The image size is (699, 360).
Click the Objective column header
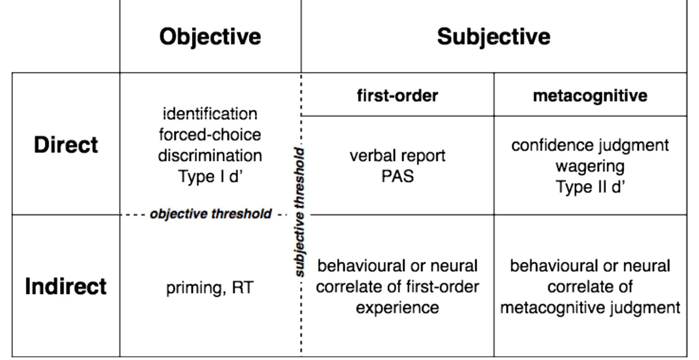pyautogui.click(x=210, y=36)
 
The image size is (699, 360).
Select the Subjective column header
pyautogui.click(x=493, y=36)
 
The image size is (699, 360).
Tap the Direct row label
pyautogui.click(x=65, y=145)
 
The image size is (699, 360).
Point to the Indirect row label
pyautogui.click(x=65, y=286)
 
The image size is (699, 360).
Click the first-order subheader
pyautogui.click(x=397, y=95)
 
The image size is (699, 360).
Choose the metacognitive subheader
pyautogui.click(x=590, y=95)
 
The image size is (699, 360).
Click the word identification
pyautogui.click(x=210, y=114)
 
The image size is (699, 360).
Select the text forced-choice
pyautogui.click(x=210, y=134)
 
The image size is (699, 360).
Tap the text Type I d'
pyautogui.click(x=210, y=176)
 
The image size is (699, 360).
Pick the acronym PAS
pyautogui.click(x=397, y=176)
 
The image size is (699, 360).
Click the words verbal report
pyautogui.click(x=397, y=156)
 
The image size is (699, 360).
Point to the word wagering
pyautogui.click(x=590, y=166)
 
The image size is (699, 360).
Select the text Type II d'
pyautogui.click(x=590, y=187)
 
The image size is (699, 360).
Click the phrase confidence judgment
pyautogui.click(x=590, y=145)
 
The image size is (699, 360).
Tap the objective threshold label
pyautogui.click(x=210, y=214)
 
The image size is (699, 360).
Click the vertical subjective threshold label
pyautogui.click(x=300, y=212)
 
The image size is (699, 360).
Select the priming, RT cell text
pyautogui.click(x=210, y=287)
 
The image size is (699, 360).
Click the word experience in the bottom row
pyautogui.click(x=397, y=308)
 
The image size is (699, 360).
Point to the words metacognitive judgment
pyautogui.click(x=590, y=308)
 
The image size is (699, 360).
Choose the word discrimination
pyautogui.click(x=210, y=156)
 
